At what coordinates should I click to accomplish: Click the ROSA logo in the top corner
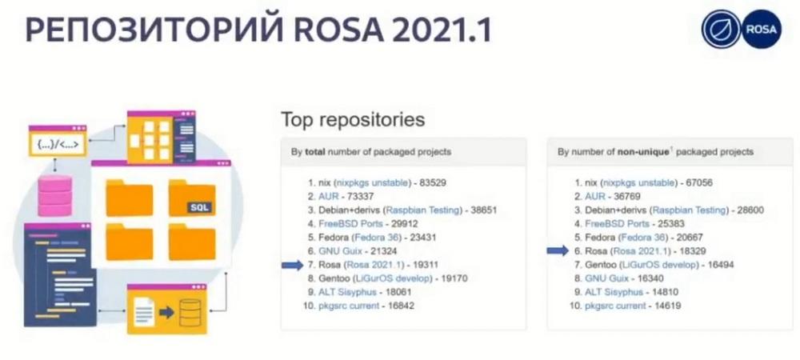[742, 29]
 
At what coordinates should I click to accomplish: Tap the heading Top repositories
[353, 120]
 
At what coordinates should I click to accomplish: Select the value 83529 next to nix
[433, 182]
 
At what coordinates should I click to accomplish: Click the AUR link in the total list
[329, 196]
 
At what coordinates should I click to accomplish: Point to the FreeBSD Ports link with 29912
[350, 223]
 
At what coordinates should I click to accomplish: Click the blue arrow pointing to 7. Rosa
[292, 265]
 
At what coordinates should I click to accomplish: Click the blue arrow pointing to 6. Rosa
[558, 250]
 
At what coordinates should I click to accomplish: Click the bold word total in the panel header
[315, 152]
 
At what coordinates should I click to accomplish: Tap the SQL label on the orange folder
[199, 207]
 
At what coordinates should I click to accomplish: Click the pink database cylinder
[55, 194]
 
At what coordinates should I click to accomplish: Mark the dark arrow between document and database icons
[166, 312]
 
